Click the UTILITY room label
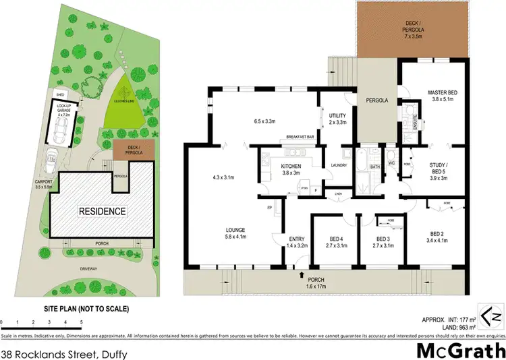[x=337, y=116]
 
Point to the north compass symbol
[x=495, y=314]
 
